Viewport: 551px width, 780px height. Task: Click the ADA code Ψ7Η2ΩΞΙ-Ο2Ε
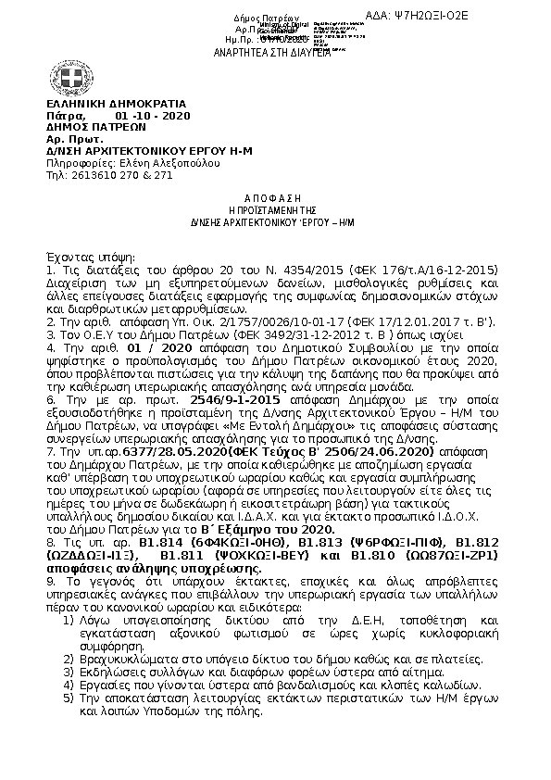point(489,16)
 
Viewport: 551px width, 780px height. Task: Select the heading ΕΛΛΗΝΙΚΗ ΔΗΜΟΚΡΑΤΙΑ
point(116,104)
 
